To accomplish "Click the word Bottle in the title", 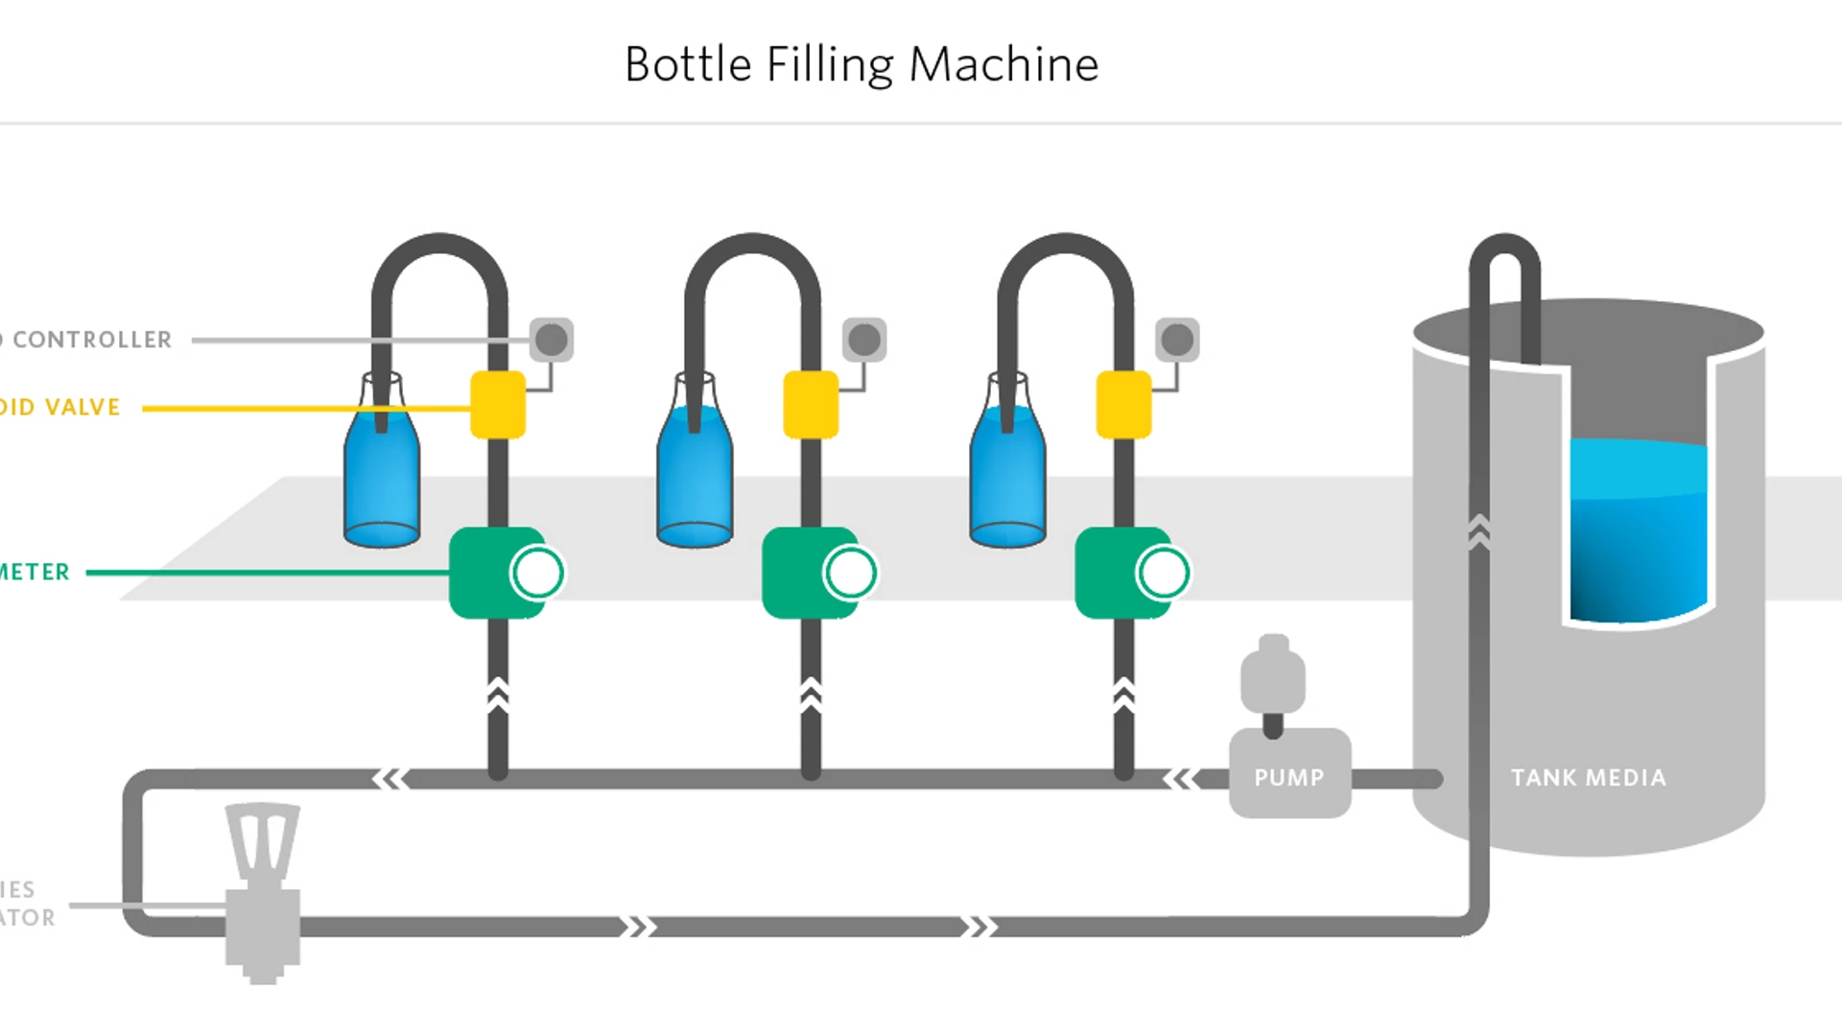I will click(x=687, y=65).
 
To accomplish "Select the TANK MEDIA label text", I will click(x=1588, y=778).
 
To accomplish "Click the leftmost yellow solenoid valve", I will click(x=498, y=405).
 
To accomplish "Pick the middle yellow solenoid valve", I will click(x=811, y=405).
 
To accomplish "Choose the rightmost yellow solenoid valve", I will click(x=1123, y=405).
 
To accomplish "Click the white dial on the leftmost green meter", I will click(x=537, y=573).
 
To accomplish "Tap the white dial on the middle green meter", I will click(x=850, y=573).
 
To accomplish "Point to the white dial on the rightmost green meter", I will click(x=1163, y=573).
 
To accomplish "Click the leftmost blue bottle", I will click(x=382, y=475).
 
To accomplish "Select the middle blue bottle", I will click(x=695, y=475).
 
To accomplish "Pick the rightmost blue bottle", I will click(x=1007, y=475).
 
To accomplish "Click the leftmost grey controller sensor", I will click(x=552, y=340).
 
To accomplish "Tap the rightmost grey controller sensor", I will click(x=1177, y=340).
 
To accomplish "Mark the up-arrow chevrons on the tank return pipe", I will click(x=1478, y=531).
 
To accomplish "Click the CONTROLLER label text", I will click(x=92, y=340).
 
